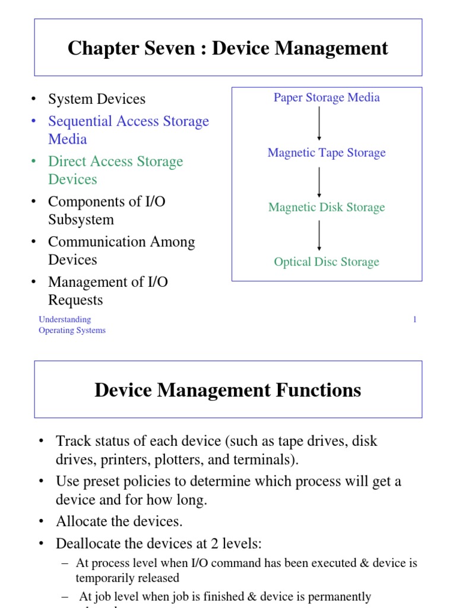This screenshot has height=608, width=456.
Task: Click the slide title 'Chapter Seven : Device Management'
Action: tap(228, 48)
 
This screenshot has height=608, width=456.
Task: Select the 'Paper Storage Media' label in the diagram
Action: tap(327, 97)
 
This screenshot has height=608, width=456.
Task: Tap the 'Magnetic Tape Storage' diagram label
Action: tap(327, 153)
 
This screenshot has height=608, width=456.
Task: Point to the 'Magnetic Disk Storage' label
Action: tap(327, 207)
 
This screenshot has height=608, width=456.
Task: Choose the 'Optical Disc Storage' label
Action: tap(327, 262)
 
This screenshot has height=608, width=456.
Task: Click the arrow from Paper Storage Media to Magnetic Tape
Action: tap(319, 123)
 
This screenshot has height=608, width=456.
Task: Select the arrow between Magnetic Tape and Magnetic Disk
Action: tap(319, 181)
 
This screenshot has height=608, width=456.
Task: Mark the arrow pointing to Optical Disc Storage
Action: tap(319, 235)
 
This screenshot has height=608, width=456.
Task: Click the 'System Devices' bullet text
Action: tap(97, 99)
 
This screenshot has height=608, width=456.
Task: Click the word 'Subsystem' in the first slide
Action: tap(81, 220)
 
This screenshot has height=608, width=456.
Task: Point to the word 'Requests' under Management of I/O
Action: tap(75, 300)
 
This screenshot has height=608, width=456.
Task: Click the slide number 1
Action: tap(415, 320)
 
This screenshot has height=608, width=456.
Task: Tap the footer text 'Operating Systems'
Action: tap(72, 331)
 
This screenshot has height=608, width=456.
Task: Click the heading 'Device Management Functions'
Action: tap(228, 390)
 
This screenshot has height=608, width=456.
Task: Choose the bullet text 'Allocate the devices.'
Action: tap(119, 521)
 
